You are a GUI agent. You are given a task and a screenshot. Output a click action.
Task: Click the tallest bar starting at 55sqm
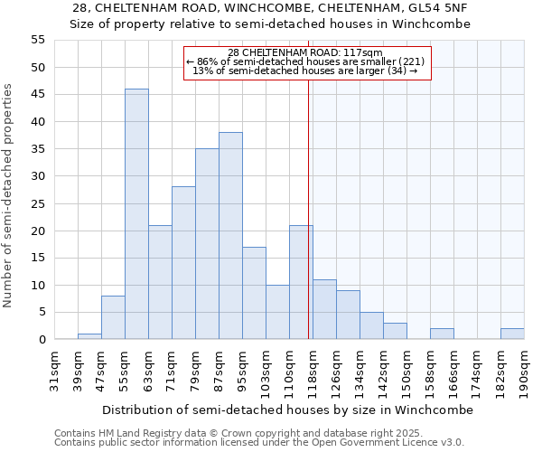coord(136,214)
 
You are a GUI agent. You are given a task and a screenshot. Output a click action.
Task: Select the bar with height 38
coord(230,236)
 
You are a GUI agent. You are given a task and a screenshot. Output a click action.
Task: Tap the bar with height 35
coord(207,244)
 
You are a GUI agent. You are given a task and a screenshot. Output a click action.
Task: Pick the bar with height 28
coord(183,263)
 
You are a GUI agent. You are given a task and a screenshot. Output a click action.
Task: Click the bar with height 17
coord(254,293)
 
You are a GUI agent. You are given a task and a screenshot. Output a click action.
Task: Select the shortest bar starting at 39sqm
coord(89,336)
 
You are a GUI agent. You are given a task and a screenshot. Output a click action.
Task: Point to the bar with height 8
coord(113,317)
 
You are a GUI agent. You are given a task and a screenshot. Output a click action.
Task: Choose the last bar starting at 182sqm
coord(512,334)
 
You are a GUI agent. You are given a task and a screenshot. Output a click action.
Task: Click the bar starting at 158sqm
coord(442,334)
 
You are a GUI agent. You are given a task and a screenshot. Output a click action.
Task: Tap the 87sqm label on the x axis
coord(220,371)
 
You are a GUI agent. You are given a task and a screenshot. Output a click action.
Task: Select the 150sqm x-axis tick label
coord(407,371)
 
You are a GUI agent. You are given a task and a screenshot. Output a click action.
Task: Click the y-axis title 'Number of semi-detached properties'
coord(9,195)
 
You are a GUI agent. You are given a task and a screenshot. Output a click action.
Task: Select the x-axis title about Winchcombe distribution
coord(287,410)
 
